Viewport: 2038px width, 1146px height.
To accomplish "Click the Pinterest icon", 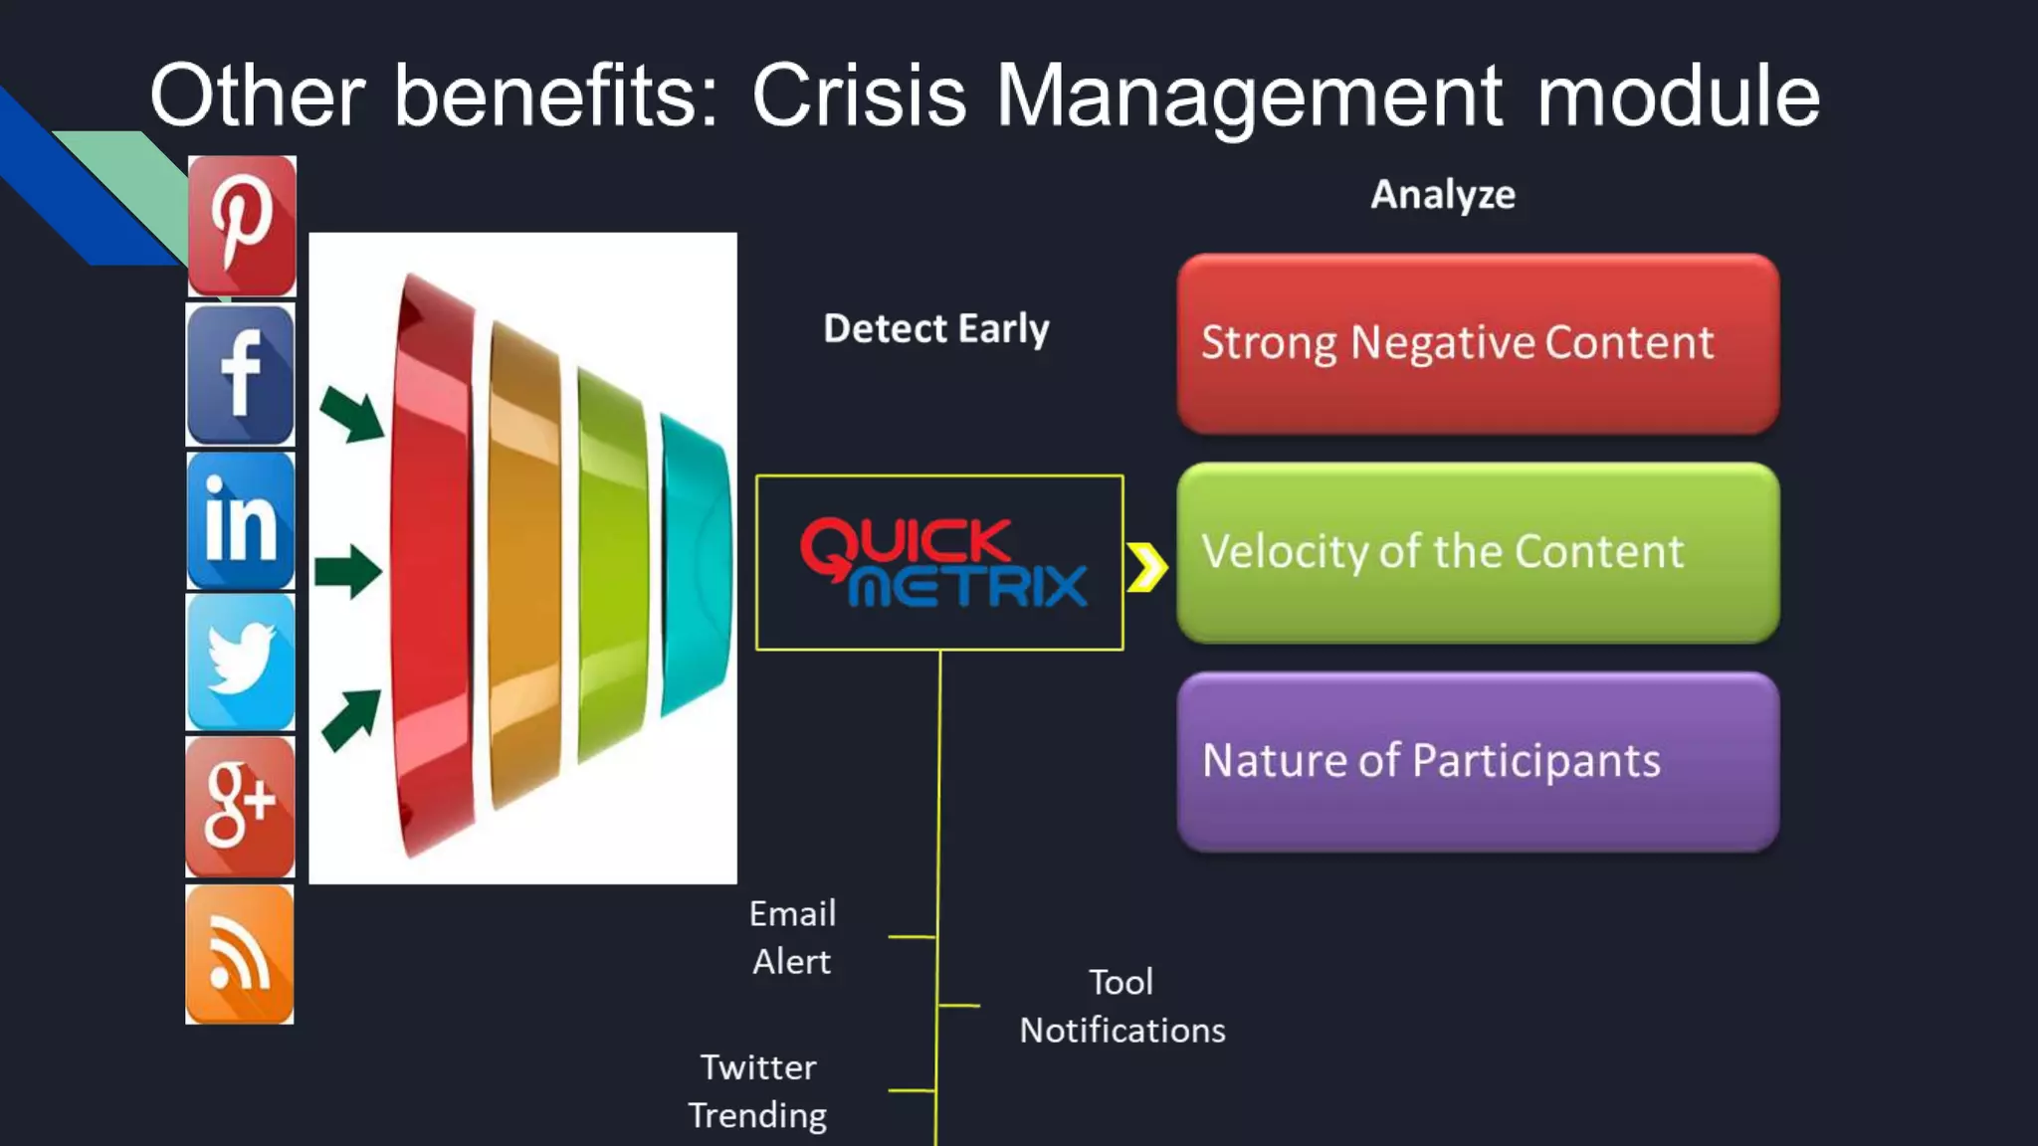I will (242, 226).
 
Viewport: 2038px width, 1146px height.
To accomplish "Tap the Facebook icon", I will (241, 375).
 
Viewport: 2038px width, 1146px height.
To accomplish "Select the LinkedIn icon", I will (241, 521).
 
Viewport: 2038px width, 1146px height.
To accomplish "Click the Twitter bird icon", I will (241, 663).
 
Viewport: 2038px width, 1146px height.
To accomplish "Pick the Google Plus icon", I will (240, 806).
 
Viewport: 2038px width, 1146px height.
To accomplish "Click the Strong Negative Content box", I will (1478, 343).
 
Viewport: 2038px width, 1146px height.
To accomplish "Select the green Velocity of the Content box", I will (1478, 552).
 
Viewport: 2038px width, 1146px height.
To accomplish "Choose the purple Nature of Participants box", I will (1478, 761).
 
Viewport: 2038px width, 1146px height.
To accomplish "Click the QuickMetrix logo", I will (939, 562).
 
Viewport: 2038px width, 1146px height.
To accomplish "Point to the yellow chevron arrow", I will (1147, 567).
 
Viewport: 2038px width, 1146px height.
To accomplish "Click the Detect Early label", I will (935, 328).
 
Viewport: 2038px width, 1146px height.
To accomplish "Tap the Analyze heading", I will (1443, 194).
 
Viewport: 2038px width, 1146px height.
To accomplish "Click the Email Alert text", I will (792, 937).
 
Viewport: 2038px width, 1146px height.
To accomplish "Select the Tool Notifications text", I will (1121, 1006).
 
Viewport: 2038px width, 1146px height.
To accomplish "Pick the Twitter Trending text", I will (757, 1090).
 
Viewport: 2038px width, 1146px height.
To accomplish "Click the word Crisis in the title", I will (859, 95).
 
